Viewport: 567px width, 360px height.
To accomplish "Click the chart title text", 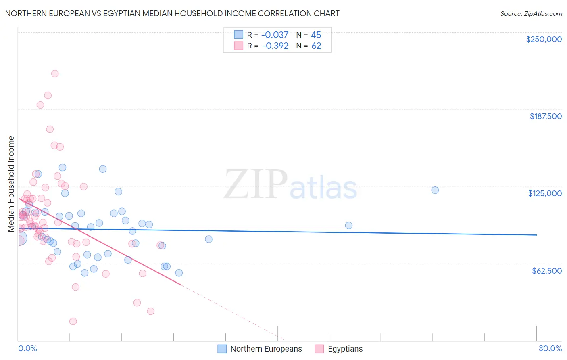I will coord(172,13).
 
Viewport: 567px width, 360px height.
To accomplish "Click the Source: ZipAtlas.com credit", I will coord(531,13).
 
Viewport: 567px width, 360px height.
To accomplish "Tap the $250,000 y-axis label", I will coord(544,39).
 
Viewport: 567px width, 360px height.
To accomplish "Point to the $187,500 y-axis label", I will coord(545,116).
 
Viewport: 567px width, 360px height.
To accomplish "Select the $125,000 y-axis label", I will coord(545,193).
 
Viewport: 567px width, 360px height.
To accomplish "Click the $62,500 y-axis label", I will coord(546,271).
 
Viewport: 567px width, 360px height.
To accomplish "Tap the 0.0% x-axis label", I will coord(27,348).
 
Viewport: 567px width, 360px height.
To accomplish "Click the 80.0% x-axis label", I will coord(550,348).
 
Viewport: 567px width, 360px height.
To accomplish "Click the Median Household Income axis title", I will coord(11,184).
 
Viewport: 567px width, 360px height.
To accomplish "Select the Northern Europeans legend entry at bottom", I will coord(260,349).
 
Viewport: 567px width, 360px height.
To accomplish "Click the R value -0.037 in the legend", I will coord(275,35).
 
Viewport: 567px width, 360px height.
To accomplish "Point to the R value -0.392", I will coord(275,46).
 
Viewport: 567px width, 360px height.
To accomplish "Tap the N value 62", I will coord(316,46).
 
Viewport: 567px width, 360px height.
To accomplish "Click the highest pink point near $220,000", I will coord(55,73).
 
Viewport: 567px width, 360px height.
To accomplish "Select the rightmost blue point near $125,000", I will coord(435,190).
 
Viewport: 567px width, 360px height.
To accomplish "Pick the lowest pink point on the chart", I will coord(73,321).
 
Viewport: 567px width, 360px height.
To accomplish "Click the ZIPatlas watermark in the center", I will coord(290,185).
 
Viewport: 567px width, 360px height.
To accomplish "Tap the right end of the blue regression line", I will coord(536,235).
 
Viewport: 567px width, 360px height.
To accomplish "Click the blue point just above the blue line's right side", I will coord(349,226).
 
